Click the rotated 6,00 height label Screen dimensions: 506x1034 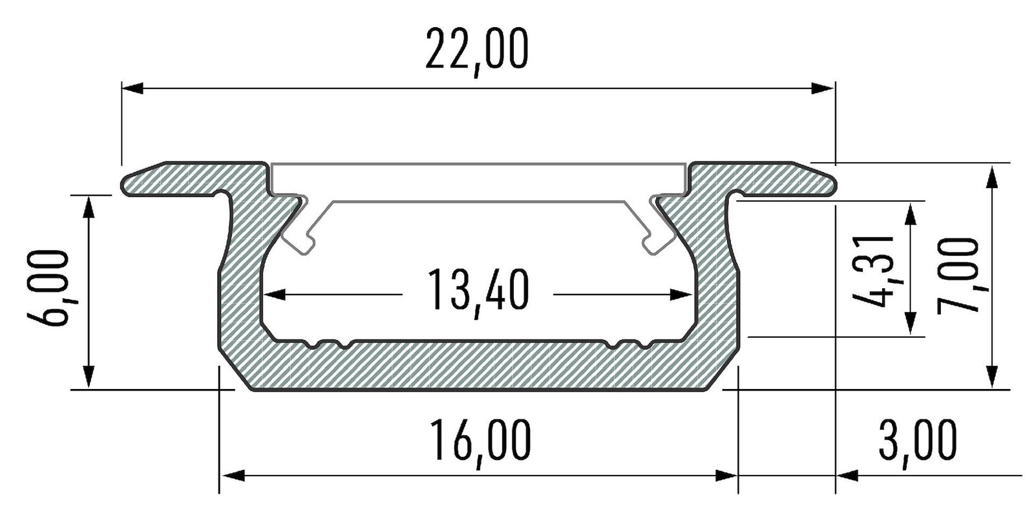click(x=54, y=288)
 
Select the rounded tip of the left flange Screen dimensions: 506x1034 click(x=125, y=184)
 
